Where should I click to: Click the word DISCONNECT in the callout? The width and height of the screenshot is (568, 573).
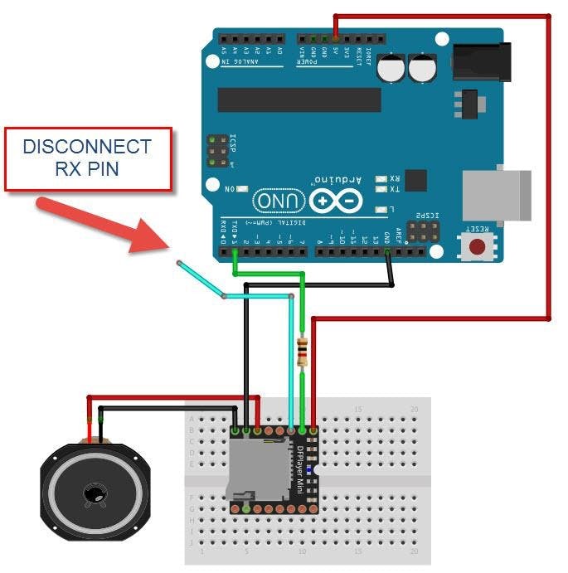click(x=87, y=148)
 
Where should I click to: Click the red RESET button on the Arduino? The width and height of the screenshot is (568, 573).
click(x=477, y=246)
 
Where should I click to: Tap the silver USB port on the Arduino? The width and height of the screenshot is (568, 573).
click(x=496, y=196)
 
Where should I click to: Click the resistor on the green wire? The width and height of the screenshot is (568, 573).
click(x=303, y=352)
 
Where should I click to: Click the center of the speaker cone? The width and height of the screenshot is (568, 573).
click(x=94, y=495)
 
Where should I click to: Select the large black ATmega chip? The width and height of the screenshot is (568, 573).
click(x=299, y=100)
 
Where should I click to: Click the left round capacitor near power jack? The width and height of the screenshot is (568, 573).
click(x=391, y=68)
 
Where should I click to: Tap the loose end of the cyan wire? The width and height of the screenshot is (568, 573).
click(x=178, y=263)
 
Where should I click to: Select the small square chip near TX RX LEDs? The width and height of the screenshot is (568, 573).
click(x=415, y=181)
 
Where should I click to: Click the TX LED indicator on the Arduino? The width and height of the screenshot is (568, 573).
click(x=381, y=190)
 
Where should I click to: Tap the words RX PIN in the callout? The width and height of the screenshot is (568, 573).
click(x=87, y=170)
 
